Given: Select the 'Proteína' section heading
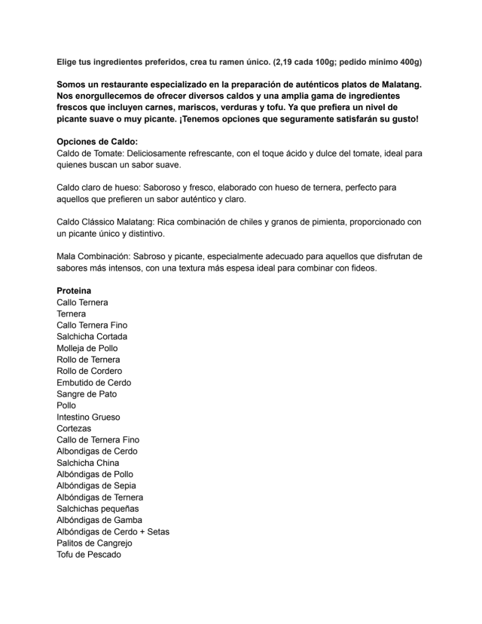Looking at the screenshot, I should coord(74,291).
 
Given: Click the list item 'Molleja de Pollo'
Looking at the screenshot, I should coord(87,348).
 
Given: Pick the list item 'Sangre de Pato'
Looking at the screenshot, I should coord(87,394).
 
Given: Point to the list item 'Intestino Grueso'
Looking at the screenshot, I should coord(88,417).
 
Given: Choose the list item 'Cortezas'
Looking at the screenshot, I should coord(75,428).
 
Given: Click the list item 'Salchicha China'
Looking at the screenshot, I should coord(88,463).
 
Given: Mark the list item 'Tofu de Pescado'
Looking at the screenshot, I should coord(88,555).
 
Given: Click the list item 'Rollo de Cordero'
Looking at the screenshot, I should coord(89,371).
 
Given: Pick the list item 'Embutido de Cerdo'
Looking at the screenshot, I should coord(93,382).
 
